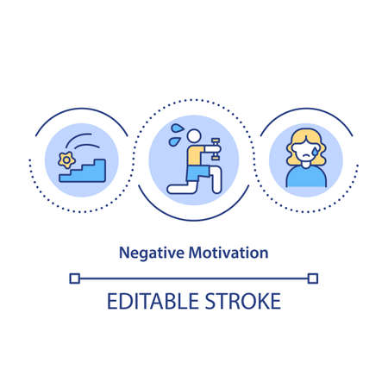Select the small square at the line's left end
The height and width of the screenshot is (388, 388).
pos(72,278)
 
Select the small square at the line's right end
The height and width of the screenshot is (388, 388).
pos(314,278)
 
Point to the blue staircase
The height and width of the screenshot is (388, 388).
pos(90,167)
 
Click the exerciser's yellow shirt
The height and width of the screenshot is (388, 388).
pos(193,152)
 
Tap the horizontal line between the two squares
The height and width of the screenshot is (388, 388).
pos(193,278)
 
